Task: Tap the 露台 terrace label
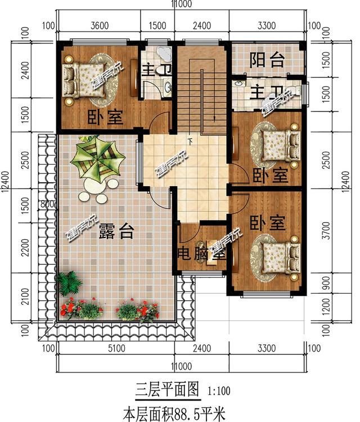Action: point(115,231)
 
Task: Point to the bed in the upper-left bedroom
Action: point(83,78)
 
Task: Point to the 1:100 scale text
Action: point(219,389)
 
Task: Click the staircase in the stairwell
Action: point(201,90)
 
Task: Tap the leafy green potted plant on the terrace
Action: point(69,283)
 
